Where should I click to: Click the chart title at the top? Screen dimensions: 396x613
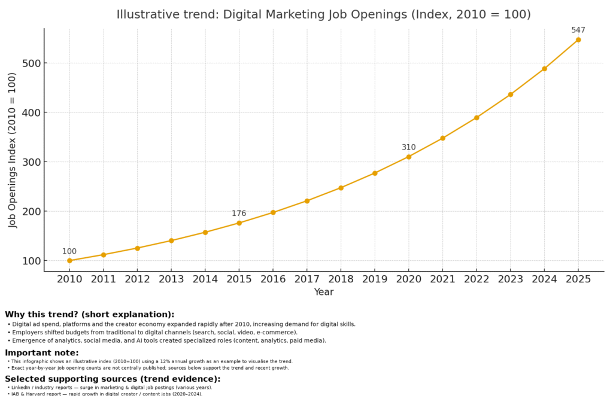click(323, 14)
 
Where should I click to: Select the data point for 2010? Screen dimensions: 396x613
click(69, 261)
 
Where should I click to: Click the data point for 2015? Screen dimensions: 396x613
click(239, 223)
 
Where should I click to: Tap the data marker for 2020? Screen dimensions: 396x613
click(409, 157)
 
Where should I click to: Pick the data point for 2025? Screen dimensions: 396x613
click(578, 39)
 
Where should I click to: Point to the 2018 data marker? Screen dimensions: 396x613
click(341, 188)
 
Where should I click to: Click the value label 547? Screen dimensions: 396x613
click(578, 30)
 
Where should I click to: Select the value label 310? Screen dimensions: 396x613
click(409, 147)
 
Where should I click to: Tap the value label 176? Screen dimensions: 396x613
click(239, 214)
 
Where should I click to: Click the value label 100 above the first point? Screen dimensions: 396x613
click(69, 251)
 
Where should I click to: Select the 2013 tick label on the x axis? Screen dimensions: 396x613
click(171, 279)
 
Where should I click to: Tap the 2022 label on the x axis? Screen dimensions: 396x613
click(477, 279)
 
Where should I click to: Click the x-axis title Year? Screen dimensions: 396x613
click(324, 292)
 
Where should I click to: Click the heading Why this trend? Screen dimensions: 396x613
click(90, 314)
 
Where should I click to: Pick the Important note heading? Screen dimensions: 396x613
click(42, 352)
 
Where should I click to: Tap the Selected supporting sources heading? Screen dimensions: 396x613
click(113, 379)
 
